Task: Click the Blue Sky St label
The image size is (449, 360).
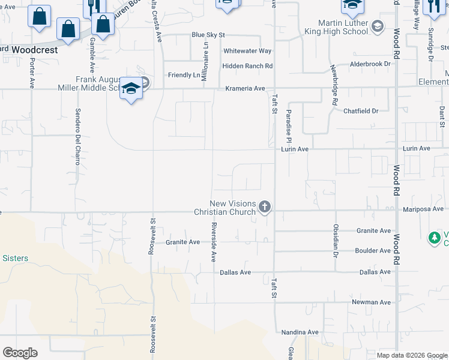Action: (x=208, y=35)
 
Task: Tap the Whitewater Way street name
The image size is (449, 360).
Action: (x=247, y=51)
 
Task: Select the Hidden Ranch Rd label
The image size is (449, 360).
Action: (x=247, y=66)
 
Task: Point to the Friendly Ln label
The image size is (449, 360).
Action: (x=184, y=75)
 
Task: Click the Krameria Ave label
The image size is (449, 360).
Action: (x=245, y=88)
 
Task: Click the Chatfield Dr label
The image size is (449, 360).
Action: (x=361, y=111)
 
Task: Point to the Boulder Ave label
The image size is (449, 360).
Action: (x=373, y=251)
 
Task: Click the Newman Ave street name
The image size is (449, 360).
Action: (x=371, y=302)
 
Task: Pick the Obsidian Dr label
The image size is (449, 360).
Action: (x=336, y=239)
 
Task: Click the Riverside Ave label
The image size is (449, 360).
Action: (x=213, y=243)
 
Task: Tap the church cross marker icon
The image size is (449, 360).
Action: (x=264, y=208)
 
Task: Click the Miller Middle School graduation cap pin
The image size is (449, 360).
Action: (x=131, y=89)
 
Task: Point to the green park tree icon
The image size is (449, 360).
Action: (x=435, y=238)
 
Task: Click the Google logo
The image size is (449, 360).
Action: (x=20, y=353)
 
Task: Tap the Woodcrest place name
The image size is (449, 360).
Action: (x=34, y=50)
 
